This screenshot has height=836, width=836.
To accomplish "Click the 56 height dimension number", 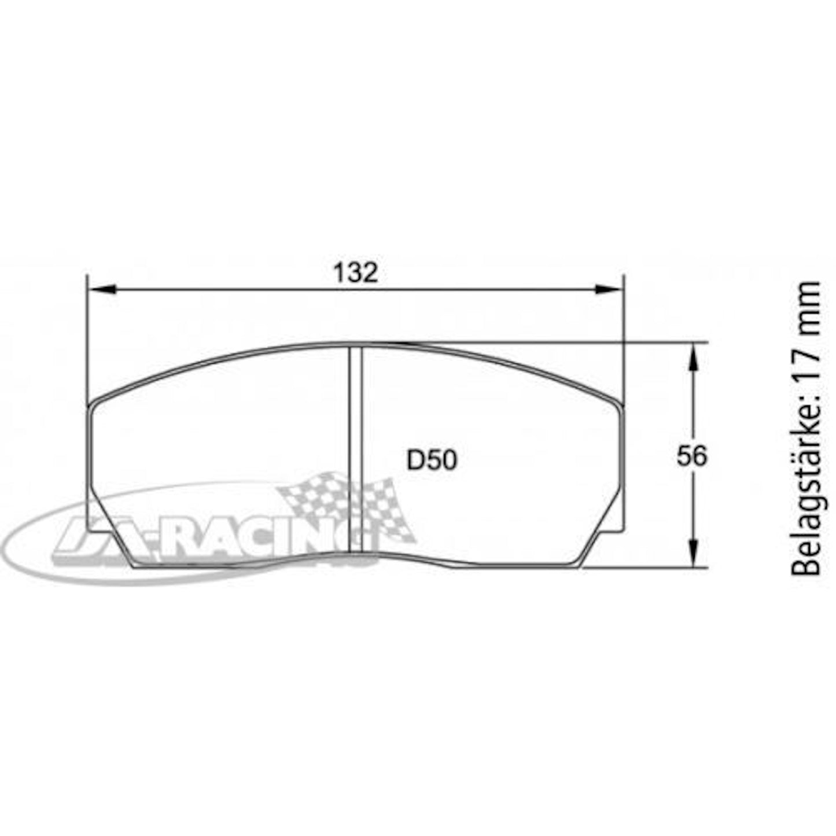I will click(x=692, y=456).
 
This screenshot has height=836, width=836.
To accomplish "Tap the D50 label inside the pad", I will click(x=432, y=461).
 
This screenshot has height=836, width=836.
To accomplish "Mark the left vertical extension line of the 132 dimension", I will click(x=86, y=336).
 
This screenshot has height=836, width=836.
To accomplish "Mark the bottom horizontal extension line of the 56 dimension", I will click(x=648, y=568).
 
